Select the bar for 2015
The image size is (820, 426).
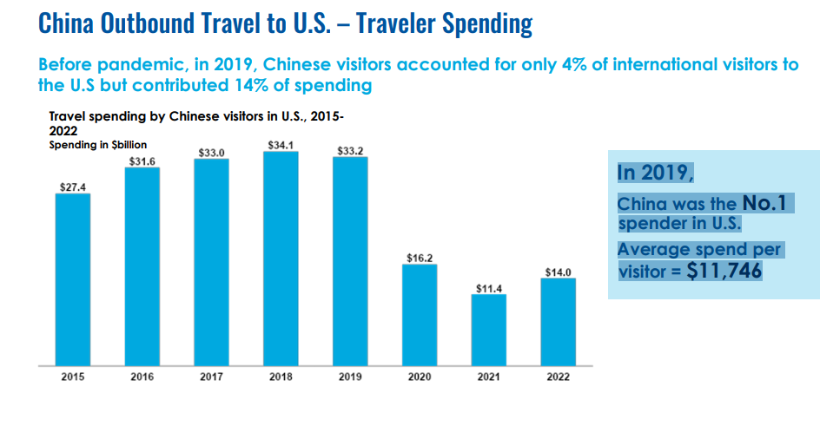73,278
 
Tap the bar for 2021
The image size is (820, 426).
488,329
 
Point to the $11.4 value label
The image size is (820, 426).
488,288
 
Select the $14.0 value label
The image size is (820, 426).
558,272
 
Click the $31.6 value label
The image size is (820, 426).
142,161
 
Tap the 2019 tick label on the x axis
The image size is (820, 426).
350,377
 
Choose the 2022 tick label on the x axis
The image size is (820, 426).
558,377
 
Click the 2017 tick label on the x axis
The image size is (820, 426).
211,377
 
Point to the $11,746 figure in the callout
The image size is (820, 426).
724,270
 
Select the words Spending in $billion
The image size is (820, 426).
97,145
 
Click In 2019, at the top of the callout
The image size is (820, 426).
655,172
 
